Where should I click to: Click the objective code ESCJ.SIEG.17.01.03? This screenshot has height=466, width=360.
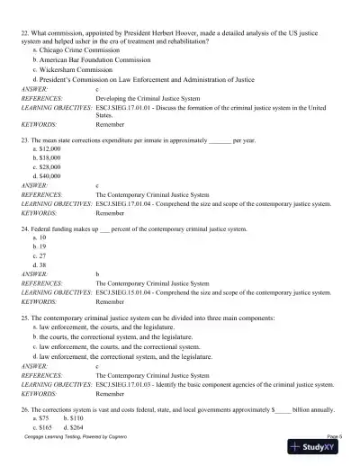coord(124,384)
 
